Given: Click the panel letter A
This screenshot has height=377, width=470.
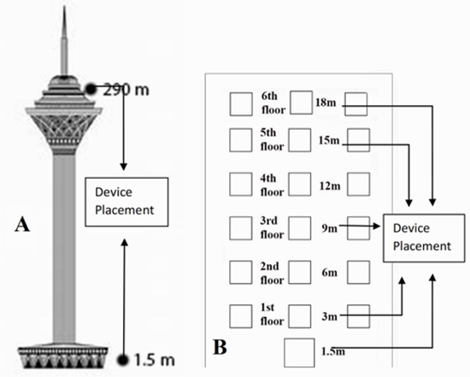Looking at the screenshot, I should pyautogui.click(x=26, y=225).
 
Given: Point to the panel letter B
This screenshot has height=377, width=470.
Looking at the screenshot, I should pyautogui.click(x=220, y=348).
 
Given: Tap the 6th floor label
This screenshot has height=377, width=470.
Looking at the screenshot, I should pyautogui.click(x=269, y=103).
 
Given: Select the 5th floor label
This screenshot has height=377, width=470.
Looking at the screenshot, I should pyautogui.click(x=269, y=139).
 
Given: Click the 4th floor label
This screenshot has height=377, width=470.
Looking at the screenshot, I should pyautogui.click(x=269, y=184).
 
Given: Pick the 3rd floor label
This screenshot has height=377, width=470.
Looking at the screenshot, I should pyautogui.click(x=269, y=227).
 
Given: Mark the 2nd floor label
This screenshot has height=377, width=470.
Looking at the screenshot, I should pyautogui.click(x=269, y=272).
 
